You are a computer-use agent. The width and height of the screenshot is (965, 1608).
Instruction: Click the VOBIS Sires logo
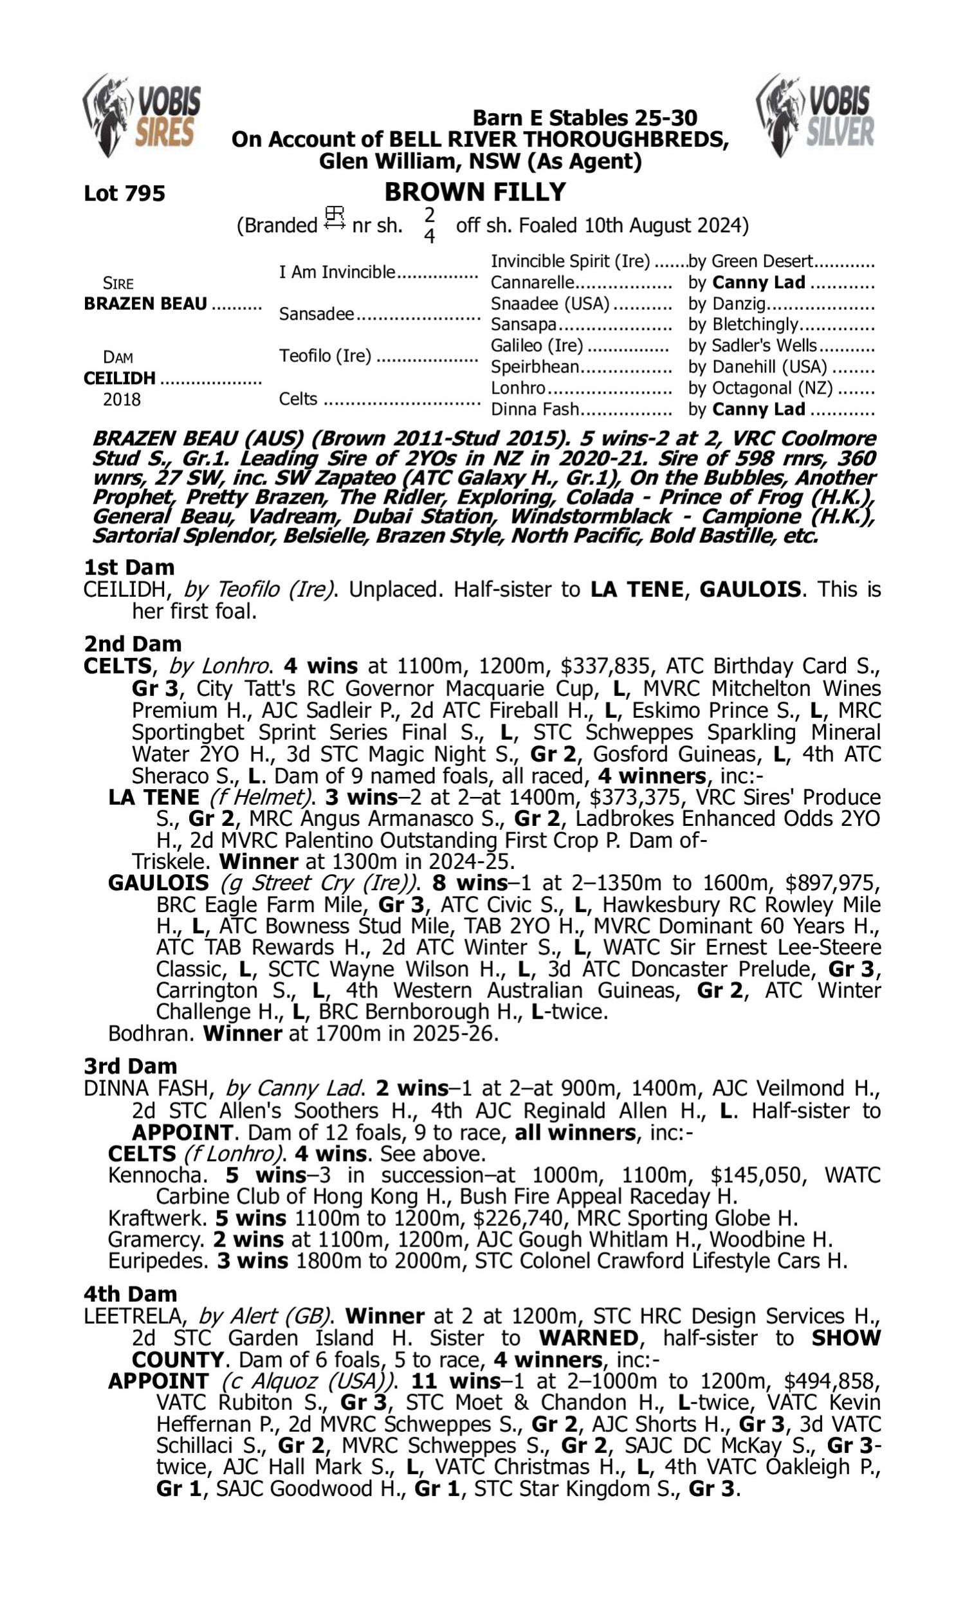pos(142,115)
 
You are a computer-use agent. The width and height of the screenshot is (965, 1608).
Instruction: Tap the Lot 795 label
pos(124,193)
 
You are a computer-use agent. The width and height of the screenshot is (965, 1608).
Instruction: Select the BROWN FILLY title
pos(475,192)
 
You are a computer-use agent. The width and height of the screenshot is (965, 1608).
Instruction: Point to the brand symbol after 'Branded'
pos(335,219)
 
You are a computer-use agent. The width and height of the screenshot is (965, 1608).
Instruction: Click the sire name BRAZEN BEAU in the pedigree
pos(145,304)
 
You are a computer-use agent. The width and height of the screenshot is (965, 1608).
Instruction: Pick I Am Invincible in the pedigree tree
pos(337,271)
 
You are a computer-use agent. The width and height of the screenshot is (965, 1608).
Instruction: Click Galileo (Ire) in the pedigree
pos(537,345)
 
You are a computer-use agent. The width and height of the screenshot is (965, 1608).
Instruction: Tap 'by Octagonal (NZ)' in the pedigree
pos(760,388)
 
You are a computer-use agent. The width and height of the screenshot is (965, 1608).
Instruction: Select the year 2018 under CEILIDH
pos(122,399)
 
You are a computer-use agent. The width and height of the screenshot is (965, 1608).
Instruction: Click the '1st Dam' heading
pos(129,567)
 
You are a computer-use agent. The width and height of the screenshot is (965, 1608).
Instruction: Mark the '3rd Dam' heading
pos(130,1066)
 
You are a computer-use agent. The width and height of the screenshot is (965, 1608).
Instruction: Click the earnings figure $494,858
pos(832,1381)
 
